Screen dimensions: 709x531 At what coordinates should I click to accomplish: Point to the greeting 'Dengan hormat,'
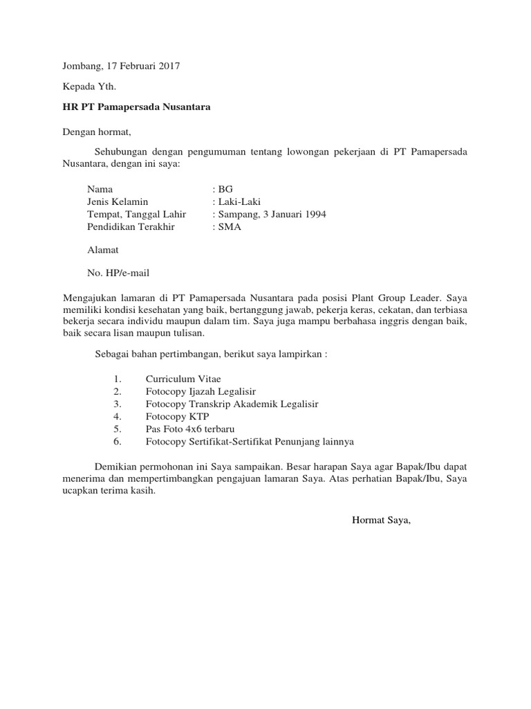tap(96, 132)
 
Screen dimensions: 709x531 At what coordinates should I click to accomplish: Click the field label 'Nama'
tap(100, 189)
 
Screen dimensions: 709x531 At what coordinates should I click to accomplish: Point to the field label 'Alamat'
tap(103, 250)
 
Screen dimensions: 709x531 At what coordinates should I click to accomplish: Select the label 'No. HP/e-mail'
tap(118, 273)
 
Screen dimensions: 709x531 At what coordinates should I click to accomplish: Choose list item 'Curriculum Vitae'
tap(183, 379)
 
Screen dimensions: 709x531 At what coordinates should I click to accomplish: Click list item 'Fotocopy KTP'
tap(176, 416)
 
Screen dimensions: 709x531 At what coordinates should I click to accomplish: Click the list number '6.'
tap(117, 441)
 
